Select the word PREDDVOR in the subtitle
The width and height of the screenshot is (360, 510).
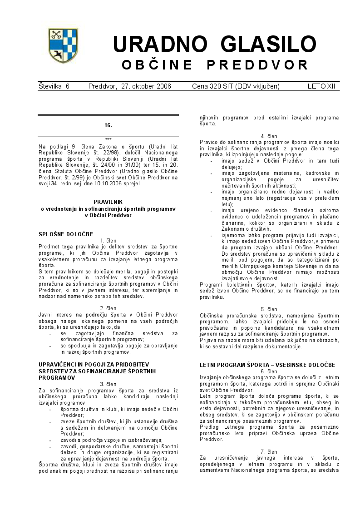coord(257,65)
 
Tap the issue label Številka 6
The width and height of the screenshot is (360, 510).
coord(54,86)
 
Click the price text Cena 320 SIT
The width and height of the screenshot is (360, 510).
coord(213,86)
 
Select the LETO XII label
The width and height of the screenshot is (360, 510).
coord(321,86)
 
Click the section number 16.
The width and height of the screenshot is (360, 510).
coord(108,125)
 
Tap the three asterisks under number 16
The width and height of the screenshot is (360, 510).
coord(108,139)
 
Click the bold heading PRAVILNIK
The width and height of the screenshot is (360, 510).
coord(108,201)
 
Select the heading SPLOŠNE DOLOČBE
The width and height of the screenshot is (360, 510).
coord(66,234)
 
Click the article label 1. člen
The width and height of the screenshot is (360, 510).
coord(108,240)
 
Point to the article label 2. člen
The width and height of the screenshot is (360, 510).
coord(108,308)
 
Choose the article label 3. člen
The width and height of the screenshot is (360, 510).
coord(108,384)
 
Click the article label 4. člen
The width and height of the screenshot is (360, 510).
coord(269,136)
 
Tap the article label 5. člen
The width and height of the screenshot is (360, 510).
coord(269,309)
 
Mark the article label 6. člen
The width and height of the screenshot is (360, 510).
coord(269,371)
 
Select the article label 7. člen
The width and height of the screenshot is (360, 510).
coord(269,451)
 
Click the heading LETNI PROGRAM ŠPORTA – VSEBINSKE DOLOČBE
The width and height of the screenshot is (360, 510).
coord(267,365)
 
